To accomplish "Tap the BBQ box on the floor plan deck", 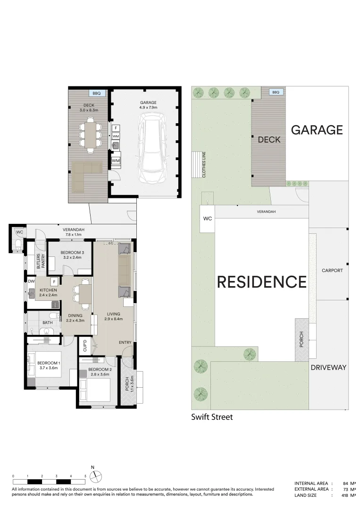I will click(97, 93).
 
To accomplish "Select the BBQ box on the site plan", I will click(276, 92).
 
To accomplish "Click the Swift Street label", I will click(211, 417).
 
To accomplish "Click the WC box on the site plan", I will click(208, 219).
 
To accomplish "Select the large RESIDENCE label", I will click(261, 282).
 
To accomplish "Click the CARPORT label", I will click(332, 271).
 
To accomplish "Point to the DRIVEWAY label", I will click(328, 367).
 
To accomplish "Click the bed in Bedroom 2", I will click(97, 390).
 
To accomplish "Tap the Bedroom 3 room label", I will click(71, 255).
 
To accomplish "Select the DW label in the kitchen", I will click(31, 281).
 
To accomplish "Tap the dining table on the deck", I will click(89, 135).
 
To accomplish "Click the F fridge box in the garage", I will click(116, 128).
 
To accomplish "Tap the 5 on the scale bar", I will click(85, 476).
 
